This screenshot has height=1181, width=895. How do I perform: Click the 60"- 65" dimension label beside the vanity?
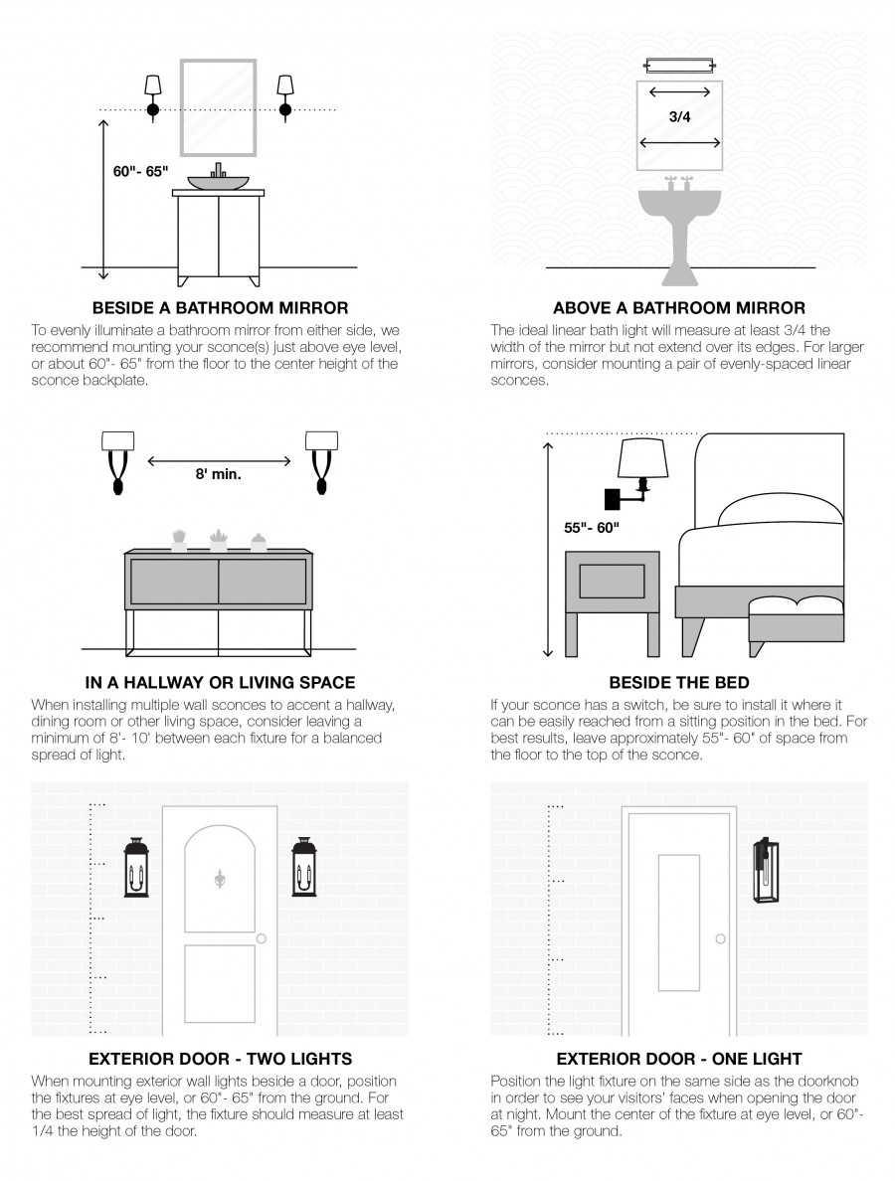pyautogui.click(x=140, y=172)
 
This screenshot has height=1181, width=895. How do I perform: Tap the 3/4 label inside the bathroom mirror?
pyautogui.click(x=679, y=116)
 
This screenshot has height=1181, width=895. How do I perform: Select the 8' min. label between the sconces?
pyautogui.click(x=219, y=474)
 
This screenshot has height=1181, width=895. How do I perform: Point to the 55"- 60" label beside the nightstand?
pyautogui.click(x=592, y=528)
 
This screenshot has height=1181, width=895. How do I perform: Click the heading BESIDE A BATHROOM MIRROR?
pyautogui.click(x=220, y=308)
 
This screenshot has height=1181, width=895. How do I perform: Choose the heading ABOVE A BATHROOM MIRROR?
pyautogui.click(x=679, y=308)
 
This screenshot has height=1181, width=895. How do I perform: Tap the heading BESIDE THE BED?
pyautogui.click(x=679, y=682)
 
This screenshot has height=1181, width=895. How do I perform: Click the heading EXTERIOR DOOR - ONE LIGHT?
pyautogui.click(x=679, y=1059)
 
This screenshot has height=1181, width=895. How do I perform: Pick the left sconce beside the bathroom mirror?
pyautogui.click(x=153, y=96)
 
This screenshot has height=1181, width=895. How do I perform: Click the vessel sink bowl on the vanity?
pyautogui.click(x=218, y=182)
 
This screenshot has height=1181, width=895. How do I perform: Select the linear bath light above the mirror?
pyautogui.click(x=679, y=67)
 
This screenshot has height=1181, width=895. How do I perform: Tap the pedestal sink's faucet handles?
pyautogui.click(x=679, y=182)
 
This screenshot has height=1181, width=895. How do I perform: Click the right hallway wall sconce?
pyautogui.click(x=321, y=461)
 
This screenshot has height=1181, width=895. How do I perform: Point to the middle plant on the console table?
pyautogui.click(x=219, y=540)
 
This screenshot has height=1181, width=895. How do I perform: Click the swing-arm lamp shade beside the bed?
pyautogui.click(x=641, y=459)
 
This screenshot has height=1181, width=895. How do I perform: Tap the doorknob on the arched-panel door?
pyautogui.click(x=262, y=938)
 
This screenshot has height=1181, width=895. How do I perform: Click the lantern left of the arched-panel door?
pyautogui.click(x=136, y=867)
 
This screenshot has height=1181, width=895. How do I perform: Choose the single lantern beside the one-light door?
pyautogui.click(x=766, y=869)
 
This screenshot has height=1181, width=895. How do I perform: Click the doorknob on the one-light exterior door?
pyautogui.click(x=720, y=938)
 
